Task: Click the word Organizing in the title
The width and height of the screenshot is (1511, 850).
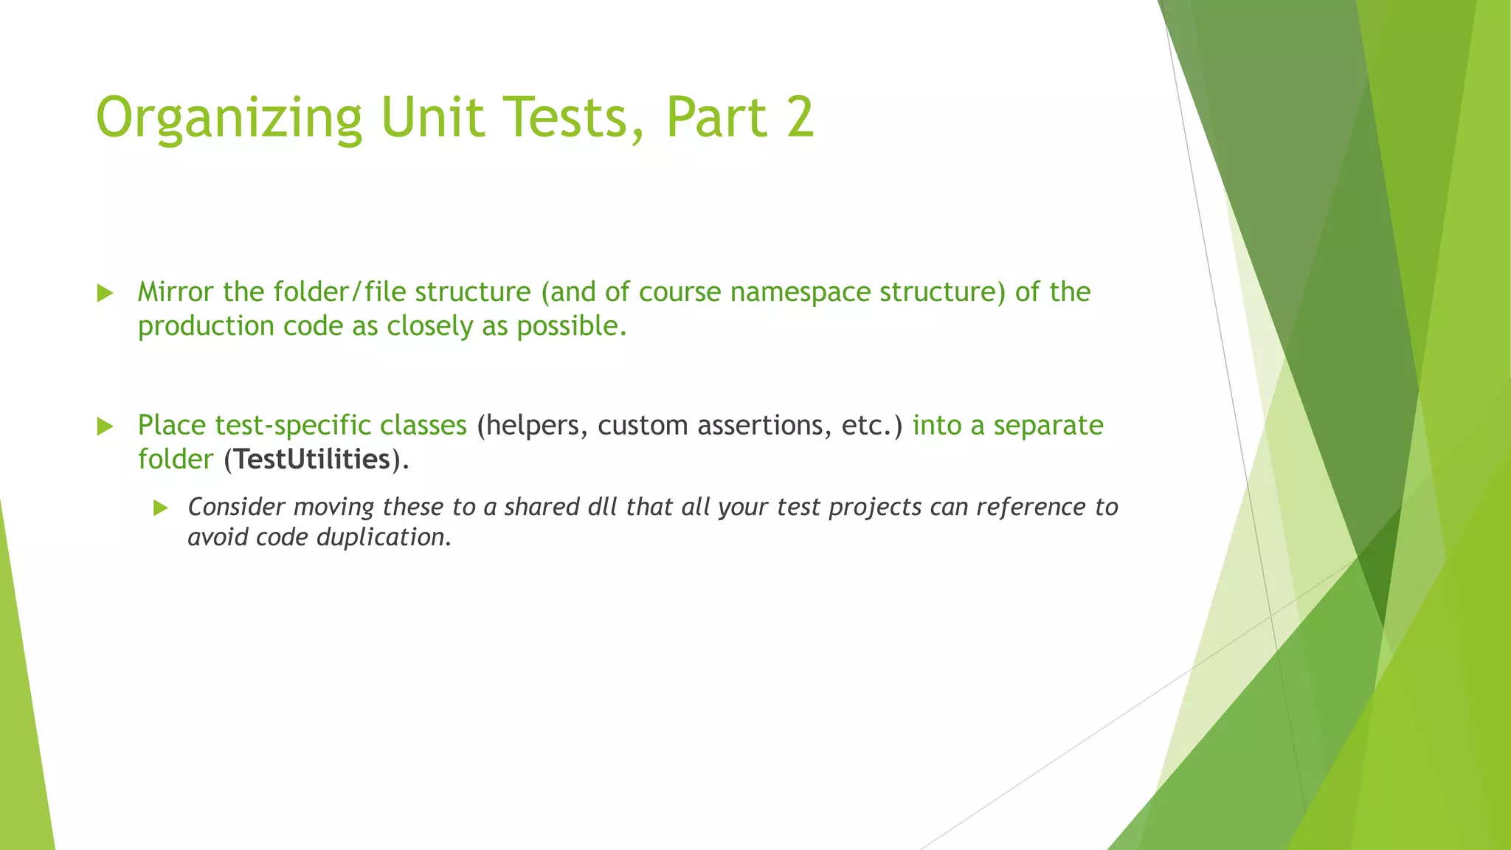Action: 229,118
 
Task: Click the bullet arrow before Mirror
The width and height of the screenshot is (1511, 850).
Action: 106,293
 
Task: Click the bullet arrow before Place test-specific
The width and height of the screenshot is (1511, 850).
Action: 106,426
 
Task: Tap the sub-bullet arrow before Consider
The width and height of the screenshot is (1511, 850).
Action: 161,508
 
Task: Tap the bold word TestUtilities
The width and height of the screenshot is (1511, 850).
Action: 313,460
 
